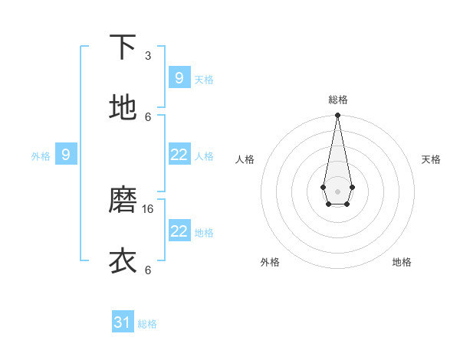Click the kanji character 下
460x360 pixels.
123,47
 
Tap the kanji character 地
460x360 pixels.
123,107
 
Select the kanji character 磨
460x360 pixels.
123,200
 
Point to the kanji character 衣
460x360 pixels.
123,260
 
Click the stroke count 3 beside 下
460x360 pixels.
148,56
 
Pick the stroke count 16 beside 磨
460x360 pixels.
149,208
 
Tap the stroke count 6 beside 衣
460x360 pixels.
148,270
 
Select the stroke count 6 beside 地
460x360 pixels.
148,116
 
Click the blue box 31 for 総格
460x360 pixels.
123,322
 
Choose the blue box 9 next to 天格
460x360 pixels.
179,77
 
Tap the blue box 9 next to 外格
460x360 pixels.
66,155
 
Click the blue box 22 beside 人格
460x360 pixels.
179,155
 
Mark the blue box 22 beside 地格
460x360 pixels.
179,231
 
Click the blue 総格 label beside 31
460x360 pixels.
147,324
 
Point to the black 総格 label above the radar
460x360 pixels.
337,100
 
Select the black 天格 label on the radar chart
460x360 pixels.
432,159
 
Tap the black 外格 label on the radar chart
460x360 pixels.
270,262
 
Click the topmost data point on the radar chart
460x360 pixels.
337,116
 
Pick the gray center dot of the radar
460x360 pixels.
337,191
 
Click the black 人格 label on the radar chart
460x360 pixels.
245,159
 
